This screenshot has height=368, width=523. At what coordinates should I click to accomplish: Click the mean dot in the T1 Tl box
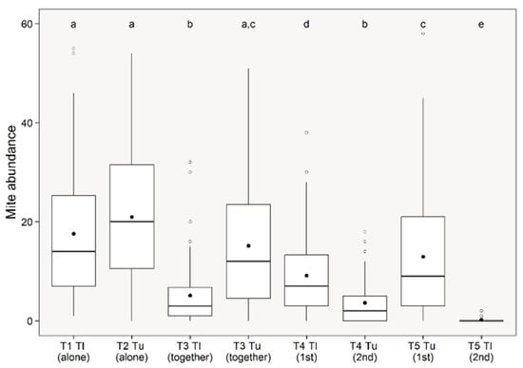73,234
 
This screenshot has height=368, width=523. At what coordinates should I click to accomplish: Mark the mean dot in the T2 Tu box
132,217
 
